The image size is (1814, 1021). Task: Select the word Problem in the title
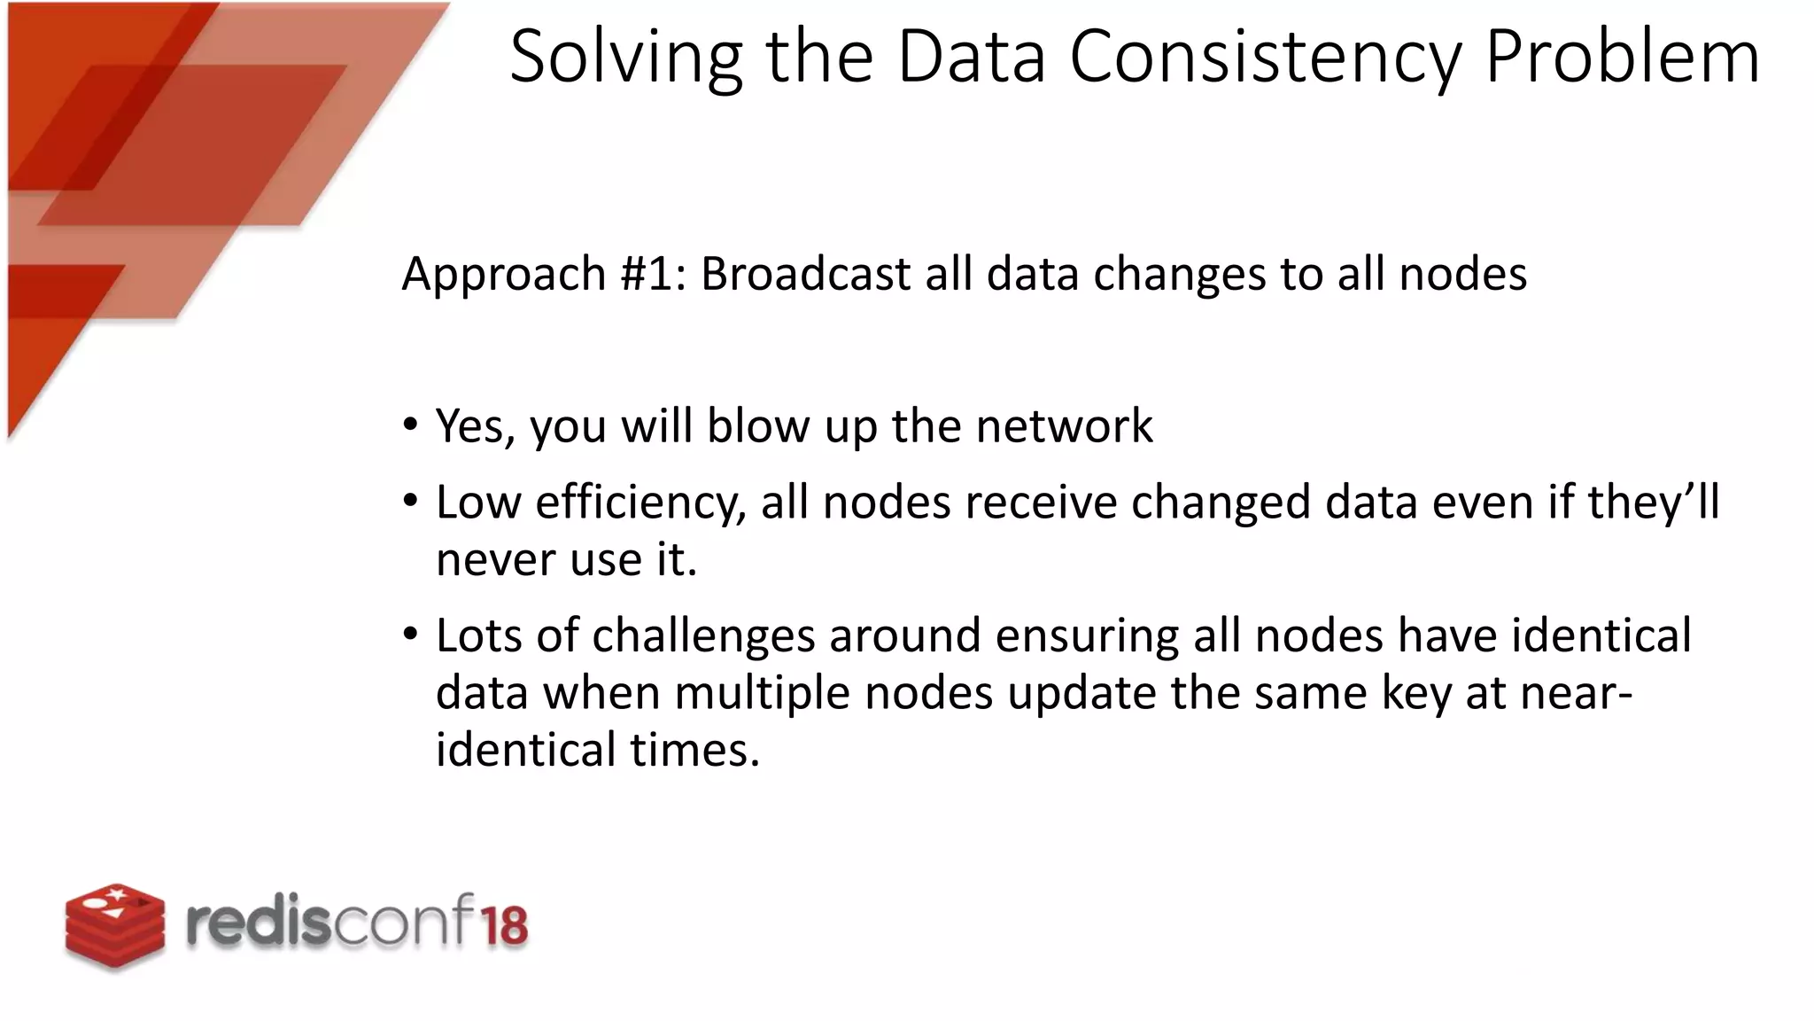pyautogui.click(x=1623, y=58)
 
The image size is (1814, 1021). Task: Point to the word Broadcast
pyautogui.click(x=805, y=274)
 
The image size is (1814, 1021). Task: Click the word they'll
pyautogui.click(x=1653, y=502)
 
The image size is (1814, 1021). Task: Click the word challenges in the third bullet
pyautogui.click(x=703, y=636)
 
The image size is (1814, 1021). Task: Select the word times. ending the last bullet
pyautogui.click(x=695, y=750)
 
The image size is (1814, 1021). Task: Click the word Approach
pyautogui.click(x=503, y=274)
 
